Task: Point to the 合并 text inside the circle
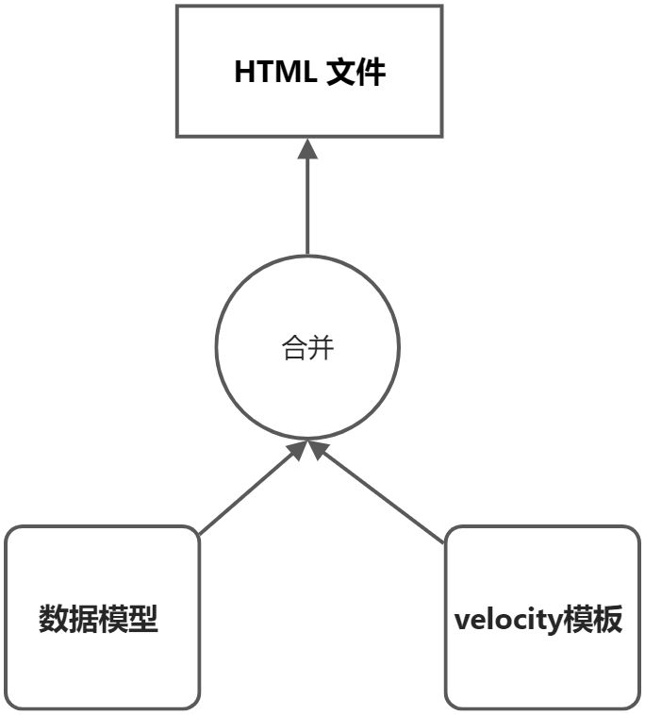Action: tap(308, 349)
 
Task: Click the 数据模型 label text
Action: tap(98, 620)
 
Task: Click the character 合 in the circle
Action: tap(295, 349)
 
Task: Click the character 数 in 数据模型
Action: tap(53, 620)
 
